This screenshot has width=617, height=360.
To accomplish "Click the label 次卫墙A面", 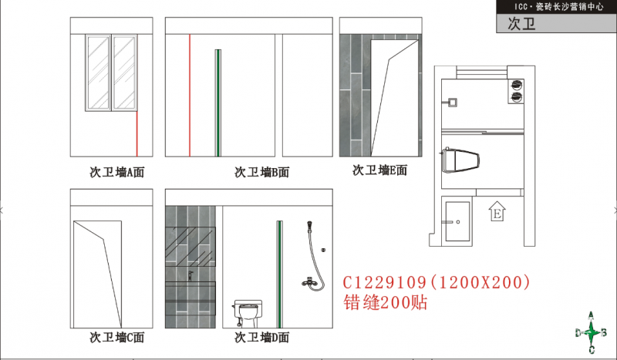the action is point(117,172).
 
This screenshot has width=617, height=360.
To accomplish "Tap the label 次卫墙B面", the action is point(262,172).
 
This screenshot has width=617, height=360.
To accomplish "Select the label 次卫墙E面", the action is point(379,170).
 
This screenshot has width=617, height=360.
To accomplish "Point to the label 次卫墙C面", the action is point(117,337).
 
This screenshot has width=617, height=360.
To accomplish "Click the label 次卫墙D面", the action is point(262,337).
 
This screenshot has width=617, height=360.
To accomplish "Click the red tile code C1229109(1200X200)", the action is point(437,282).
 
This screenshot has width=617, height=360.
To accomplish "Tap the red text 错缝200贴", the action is point(385,302).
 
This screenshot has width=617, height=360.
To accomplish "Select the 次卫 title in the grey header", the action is point(522,24).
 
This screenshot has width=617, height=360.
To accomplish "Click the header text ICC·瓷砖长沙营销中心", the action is point(558,7).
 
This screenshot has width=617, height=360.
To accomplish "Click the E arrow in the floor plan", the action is point(497,211).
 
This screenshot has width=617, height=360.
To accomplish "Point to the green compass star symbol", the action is point(591,333).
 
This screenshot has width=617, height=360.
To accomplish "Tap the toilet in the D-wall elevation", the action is point(247,314).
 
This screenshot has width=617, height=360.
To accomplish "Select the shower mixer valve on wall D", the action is point(311,281).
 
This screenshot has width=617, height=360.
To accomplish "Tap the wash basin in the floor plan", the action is point(457,221).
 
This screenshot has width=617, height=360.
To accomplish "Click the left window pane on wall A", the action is point(98,72).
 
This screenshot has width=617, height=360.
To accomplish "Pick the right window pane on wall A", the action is point(124,72).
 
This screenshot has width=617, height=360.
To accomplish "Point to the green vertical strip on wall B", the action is point(218,103).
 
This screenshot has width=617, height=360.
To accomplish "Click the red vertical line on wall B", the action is point(190,96).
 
